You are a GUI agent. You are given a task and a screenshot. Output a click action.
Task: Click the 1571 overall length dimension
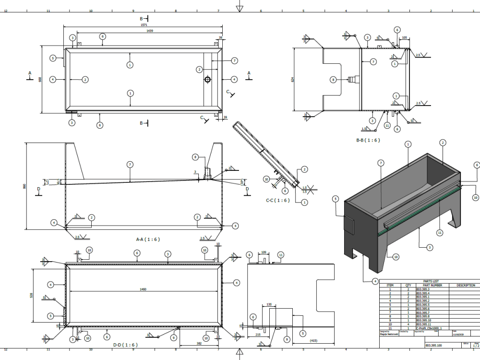point(143,24)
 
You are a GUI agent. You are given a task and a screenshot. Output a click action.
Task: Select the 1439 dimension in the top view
point(143,31)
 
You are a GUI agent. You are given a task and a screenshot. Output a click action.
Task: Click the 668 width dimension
point(40,79)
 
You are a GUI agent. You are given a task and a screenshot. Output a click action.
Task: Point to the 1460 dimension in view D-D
point(143,289)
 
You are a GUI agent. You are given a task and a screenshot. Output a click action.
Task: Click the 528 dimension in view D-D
point(32,296)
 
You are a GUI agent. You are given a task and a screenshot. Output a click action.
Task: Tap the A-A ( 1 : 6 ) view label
point(148,238)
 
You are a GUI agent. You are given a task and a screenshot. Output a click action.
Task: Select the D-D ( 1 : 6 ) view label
point(125,345)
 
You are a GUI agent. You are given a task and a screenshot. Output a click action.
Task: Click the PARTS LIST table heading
point(431,281)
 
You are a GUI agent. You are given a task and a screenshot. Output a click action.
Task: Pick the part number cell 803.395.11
point(423,324)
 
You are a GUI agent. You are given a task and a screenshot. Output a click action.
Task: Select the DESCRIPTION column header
point(465,285)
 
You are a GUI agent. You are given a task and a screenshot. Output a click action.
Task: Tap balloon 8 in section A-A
point(195,157)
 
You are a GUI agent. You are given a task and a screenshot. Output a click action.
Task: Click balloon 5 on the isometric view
point(335,198)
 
